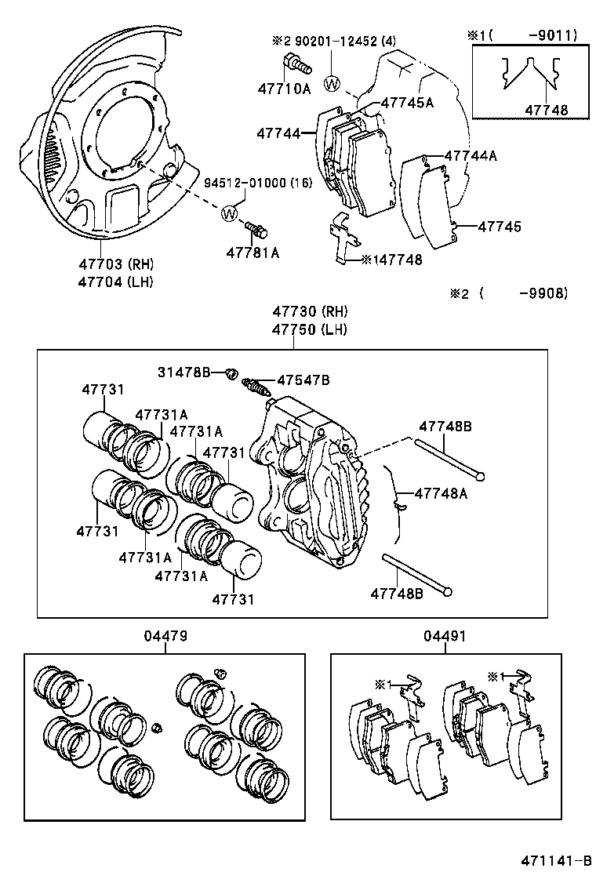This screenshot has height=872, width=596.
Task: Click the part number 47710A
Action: click(284, 89)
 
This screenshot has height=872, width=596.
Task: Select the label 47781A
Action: click(253, 252)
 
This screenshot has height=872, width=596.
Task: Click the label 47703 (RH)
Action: click(116, 264)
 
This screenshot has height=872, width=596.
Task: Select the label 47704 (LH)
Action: click(116, 281)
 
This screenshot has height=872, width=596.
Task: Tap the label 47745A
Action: click(407, 102)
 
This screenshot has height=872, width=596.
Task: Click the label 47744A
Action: click(471, 155)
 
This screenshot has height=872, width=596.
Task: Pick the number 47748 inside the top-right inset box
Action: click(547, 111)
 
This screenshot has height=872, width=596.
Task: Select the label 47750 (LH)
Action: click(309, 329)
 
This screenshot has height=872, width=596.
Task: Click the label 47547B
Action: click(303, 380)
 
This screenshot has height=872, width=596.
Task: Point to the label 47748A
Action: click(440, 493)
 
